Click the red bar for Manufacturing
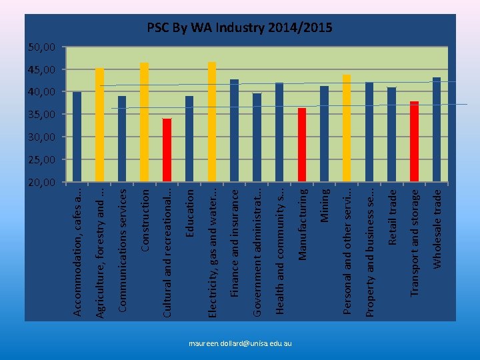(301, 145)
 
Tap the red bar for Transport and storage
(414, 141)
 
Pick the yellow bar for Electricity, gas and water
(212, 122)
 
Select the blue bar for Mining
(324, 134)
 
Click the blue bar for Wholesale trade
(437, 130)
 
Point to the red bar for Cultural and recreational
(167, 150)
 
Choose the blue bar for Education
(189, 139)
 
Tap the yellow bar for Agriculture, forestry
(99, 125)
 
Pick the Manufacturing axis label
(301, 224)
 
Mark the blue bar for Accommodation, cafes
(77, 137)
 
